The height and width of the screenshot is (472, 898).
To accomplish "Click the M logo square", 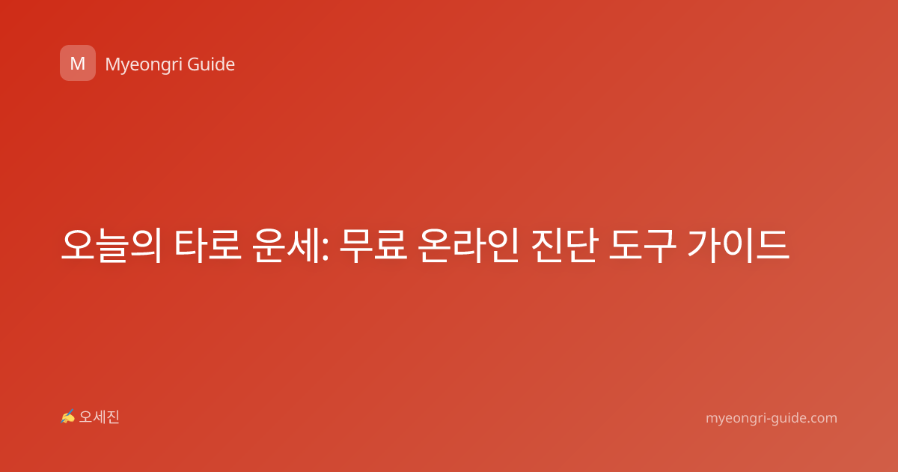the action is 78,63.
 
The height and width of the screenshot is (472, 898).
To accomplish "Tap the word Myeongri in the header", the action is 143,65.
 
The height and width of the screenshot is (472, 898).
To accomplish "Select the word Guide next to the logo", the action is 211,64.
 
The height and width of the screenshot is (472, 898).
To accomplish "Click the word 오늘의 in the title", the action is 112,245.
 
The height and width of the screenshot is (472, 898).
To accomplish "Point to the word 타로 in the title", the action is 208,245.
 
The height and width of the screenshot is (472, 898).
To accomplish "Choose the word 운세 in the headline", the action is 285,245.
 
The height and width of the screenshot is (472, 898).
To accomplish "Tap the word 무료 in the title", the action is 373,245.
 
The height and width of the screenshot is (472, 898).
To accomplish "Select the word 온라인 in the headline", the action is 468,245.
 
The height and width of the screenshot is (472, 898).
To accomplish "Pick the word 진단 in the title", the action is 564,245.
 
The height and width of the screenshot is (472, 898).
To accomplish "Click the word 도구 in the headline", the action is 643,245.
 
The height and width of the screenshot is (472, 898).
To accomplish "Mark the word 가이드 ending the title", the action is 739,245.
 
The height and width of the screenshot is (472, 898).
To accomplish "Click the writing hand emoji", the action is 67,417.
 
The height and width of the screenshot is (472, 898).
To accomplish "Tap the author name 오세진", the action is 99,417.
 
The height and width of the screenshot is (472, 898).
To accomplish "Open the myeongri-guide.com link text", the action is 772,418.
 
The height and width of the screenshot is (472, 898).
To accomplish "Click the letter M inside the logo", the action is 78,64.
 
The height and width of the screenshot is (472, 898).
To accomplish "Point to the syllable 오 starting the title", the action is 77,245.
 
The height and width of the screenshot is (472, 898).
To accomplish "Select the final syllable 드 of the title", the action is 773,245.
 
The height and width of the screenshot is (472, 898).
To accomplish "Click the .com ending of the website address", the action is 821,418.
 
